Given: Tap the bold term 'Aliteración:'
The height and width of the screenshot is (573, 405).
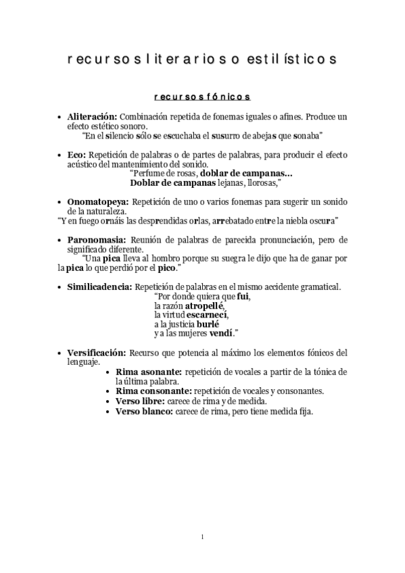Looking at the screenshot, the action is pos(92,116).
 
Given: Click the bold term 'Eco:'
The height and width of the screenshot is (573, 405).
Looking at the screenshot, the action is pos(76,154).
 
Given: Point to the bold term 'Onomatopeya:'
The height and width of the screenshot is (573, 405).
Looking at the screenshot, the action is pos(98,201).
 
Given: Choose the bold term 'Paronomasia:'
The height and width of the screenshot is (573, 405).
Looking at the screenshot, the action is pos(96,240).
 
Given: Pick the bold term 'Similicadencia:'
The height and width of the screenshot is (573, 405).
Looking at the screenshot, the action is pos(100,286).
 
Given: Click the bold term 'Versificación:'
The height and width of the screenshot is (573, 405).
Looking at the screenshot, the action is pos(97,352).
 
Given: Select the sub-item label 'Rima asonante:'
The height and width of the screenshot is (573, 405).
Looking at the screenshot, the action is pos(148,372).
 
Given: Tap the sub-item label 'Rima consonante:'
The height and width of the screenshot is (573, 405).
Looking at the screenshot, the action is pos(153,391).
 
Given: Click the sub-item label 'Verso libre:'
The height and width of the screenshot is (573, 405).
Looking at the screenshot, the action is pos(142,401).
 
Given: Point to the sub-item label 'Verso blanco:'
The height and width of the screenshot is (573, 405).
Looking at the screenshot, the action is pos(144,411).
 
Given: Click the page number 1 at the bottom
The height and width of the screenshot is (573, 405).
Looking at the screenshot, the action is pos(202,537).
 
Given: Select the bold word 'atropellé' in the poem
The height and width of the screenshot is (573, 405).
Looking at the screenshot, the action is pos(204,305).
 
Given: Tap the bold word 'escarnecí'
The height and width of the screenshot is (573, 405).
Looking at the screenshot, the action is pos(208,315).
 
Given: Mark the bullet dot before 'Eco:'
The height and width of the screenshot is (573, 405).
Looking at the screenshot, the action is pos(60,155).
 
